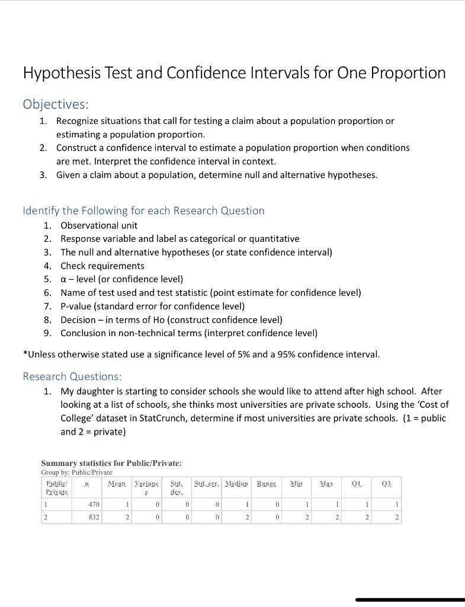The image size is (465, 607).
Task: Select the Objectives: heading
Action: (56, 104)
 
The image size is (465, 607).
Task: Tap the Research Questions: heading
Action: (72, 376)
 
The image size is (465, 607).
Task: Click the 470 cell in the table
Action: (94, 504)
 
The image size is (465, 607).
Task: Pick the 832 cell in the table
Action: (94, 517)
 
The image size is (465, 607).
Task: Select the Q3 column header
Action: (386, 484)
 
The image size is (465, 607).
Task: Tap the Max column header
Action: (326, 484)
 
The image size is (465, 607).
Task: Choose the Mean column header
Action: (117, 484)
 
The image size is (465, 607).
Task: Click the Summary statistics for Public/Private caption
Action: (111, 463)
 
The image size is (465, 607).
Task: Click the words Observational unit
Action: (99, 225)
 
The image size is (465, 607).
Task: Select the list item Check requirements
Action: (102, 266)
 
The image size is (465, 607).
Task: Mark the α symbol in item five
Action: (63, 279)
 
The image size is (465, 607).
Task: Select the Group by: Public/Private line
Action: (76, 472)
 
